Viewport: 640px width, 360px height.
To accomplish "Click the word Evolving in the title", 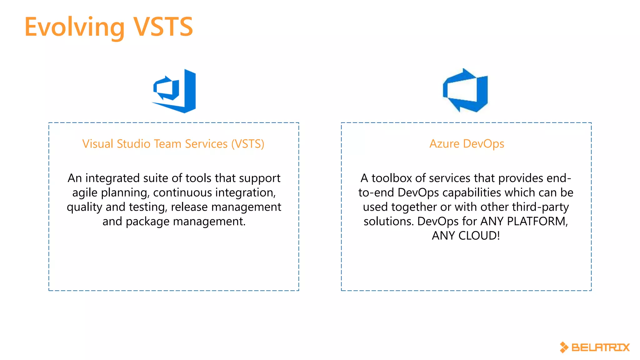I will [74, 27].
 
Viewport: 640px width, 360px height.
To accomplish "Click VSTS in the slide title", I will [163, 27].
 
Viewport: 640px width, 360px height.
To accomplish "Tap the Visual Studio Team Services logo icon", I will [174, 91].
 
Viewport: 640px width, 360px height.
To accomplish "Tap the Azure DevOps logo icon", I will [466, 91].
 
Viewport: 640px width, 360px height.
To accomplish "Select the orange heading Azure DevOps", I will [467, 144].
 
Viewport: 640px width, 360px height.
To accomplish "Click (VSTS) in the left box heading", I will [248, 144].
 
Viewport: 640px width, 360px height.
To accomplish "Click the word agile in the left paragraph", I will [85, 193].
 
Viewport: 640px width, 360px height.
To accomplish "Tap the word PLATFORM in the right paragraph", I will [537, 221].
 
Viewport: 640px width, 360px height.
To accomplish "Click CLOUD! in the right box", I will [479, 236].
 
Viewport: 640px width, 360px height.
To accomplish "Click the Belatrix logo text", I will [600, 347].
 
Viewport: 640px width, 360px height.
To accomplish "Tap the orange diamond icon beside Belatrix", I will [564, 347].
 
